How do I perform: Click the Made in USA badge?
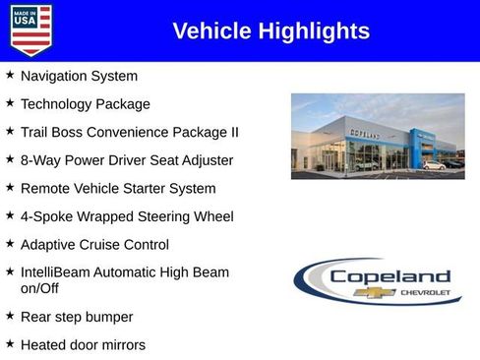pyautogui.click(x=30, y=30)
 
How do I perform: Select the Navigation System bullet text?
pyautogui.click(x=79, y=76)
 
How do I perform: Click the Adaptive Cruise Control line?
pyautogui.click(x=94, y=245)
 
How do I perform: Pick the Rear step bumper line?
pyautogui.click(x=77, y=317)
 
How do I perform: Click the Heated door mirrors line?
pyautogui.click(x=83, y=345)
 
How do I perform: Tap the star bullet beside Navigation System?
pyautogui.click(x=10, y=75)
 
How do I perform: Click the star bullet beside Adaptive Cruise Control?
pyautogui.click(x=10, y=243)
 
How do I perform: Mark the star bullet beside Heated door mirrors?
pyautogui.click(x=10, y=343)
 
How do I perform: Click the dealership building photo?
pyautogui.click(x=378, y=137)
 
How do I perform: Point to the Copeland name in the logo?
pyautogui.click(x=390, y=276)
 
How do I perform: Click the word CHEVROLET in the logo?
pyautogui.click(x=425, y=293)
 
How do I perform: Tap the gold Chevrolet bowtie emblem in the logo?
pyautogui.click(x=379, y=292)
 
